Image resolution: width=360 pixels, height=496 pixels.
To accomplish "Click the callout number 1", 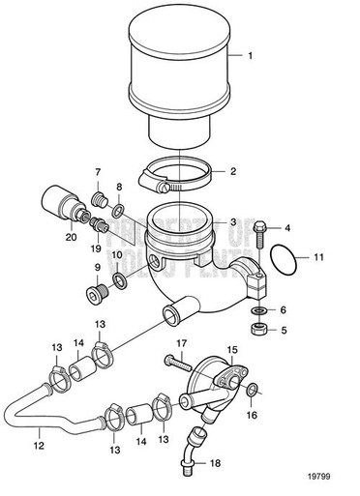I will coord(251,56).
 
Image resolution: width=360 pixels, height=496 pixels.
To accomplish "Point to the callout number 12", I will coord(40,448).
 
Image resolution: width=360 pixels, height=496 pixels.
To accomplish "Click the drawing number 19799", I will coord(326,476).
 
